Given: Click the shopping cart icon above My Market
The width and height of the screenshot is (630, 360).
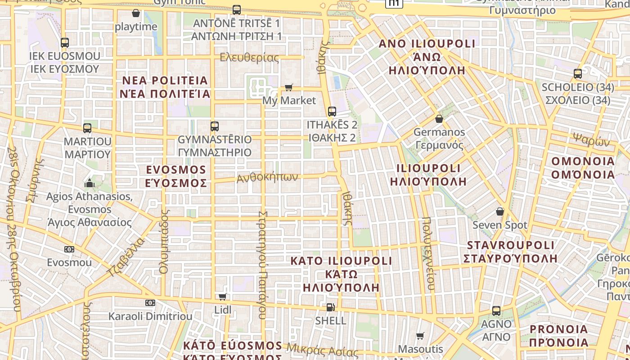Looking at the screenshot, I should click(x=288, y=87).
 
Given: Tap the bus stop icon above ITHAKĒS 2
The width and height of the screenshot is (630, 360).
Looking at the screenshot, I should click(x=332, y=111).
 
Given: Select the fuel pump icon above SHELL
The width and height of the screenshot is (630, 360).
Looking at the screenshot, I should click(x=331, y=307).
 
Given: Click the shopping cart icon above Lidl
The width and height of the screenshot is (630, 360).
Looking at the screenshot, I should click(x=222, y=297).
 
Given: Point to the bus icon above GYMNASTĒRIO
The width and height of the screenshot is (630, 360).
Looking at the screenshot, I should click(x=215, y=126).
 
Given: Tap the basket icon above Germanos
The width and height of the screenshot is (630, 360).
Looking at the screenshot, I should click(x=439, y=119).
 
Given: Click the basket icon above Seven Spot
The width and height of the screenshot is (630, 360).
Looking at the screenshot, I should click(x=499, y=211).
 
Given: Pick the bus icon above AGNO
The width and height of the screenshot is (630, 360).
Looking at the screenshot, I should click(x=496, y=310).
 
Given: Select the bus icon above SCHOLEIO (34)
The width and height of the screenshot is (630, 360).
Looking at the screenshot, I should click(x=578, y=74).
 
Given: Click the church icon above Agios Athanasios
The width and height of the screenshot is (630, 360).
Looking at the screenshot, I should click(x=90, y=183).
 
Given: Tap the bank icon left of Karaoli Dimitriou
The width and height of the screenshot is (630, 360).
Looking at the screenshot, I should click(x=150, y=303).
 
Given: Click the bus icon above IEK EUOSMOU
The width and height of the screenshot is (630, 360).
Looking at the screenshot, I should click(x=65, y=43).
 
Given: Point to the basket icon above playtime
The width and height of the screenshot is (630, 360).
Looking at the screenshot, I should click(x=136, y=13).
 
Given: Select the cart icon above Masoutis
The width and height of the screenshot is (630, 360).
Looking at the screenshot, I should click(x=420, y=336).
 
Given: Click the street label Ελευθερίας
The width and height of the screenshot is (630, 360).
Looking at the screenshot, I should click(x=249, y=58).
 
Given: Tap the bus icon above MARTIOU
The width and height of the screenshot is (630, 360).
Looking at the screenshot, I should click(x=87, y=128).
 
